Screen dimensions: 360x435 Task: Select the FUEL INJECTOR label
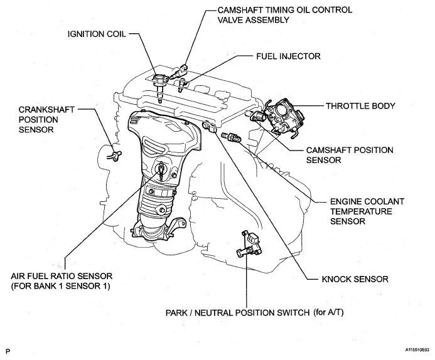pos(289,56)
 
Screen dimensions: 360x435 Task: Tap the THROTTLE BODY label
pos(360,106)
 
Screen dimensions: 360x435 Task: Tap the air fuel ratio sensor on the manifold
pos(163,168)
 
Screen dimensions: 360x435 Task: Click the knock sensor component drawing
pos(208,127)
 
